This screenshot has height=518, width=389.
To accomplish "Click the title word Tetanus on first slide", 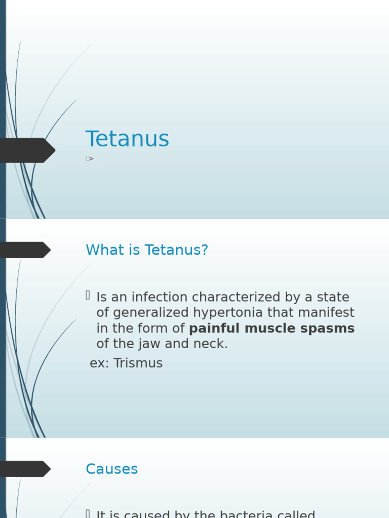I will [127, 139].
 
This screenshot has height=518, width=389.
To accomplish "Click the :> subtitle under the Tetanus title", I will [90, 159].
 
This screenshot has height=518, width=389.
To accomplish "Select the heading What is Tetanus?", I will [147, 250].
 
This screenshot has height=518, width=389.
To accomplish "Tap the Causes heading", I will [111, 469].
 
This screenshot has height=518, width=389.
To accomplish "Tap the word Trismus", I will [138, 363].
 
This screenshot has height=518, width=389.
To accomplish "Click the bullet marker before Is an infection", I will [88, 295].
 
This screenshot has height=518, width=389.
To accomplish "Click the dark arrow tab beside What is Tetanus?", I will [24, 250].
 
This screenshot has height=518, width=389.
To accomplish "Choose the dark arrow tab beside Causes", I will [24, 469].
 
